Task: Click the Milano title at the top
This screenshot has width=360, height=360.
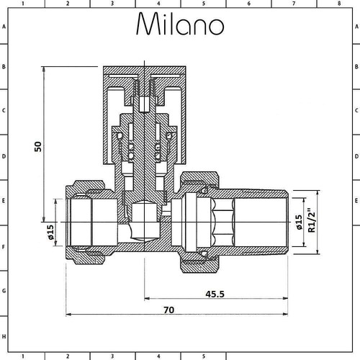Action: [180, 24]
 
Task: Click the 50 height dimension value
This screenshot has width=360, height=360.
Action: [38, 147]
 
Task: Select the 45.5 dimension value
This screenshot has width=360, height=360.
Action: [215, 294]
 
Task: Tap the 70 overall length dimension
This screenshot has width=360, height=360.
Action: [169, 310]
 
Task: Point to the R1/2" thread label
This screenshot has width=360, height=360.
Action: [311, 220]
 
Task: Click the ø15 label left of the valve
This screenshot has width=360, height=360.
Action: [50, 232]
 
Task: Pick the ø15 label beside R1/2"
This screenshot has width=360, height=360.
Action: [299, 222]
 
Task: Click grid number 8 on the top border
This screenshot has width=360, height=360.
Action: [339, 4]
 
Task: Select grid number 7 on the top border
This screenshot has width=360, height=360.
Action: [294, 4]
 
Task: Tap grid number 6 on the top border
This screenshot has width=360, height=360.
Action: [248, 4]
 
